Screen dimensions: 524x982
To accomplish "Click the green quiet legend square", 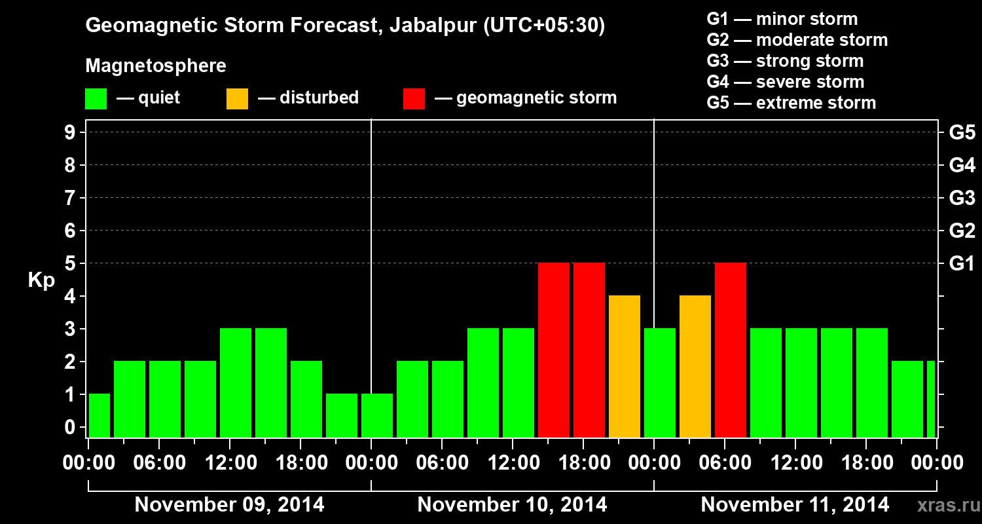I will click(96, 99).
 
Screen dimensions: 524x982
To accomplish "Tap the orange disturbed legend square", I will click(237, 99).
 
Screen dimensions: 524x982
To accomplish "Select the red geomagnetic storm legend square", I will click(414, 99).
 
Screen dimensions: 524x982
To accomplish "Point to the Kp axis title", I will click(41, 280).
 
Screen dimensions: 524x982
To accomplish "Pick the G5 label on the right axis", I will click(962, 133).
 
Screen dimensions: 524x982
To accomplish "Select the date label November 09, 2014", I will click(229, 505).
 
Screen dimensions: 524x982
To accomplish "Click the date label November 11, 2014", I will click(795, 505).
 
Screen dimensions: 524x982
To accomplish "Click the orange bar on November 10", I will click(625, 367).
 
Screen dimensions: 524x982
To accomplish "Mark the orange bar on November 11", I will click(695, 367).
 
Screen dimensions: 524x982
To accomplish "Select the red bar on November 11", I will click(731, 350).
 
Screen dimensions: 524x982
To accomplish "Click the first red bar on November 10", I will click(554, 350).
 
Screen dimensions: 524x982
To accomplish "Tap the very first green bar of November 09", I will click(100, 416).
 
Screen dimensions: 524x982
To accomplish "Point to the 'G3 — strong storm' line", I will click(785, 61).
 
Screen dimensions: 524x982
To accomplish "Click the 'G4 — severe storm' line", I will click(786, 82).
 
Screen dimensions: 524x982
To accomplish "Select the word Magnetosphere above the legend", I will click(156, 66).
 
